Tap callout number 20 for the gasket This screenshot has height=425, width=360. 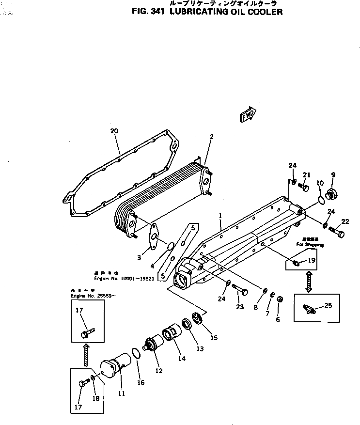[x=114, y=131]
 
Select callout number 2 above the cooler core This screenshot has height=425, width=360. [x=211, y=137]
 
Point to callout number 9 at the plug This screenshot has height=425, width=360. [x=333, y=174]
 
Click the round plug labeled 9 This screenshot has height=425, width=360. [x=332, y=194]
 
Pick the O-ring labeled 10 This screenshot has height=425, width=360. [x=321, y=200]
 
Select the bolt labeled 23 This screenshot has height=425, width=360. [x=241, y=290]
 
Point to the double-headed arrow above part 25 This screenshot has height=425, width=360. [x=308, y=281]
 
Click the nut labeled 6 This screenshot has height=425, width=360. [x=280, y=299]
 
